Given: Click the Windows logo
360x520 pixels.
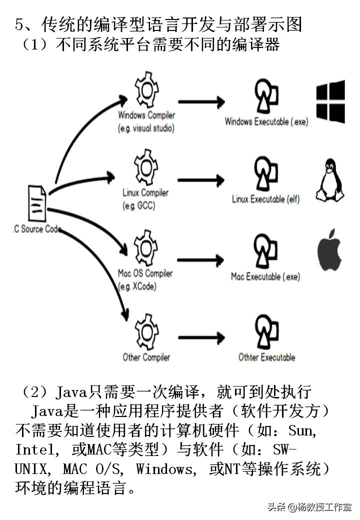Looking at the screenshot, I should pos(330,102).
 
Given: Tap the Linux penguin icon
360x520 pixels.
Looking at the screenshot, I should pos(329,180).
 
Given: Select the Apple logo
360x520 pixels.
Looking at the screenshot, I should pos(329,250).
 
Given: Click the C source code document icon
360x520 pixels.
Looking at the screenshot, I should pos(38,203).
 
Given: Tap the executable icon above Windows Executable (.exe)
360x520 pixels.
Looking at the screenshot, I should pos(266,95).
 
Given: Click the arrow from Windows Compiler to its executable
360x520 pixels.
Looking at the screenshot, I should pos(202,102).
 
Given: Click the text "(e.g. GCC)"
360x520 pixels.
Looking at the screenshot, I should pos(139,205).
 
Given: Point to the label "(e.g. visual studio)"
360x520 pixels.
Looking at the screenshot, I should pos(146,128).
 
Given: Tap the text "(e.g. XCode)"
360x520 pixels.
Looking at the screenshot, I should pos(137,286).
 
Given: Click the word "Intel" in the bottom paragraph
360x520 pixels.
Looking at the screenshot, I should pos(35,449).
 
